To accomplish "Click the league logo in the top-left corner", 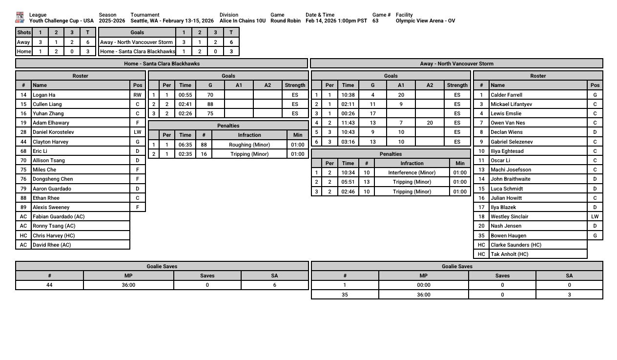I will pyautogui.click(x=20, y=18).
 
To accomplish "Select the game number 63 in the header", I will pyautogui.click(x=375, y=21).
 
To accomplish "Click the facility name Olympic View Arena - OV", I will pyautogui.click(x=425, y=21).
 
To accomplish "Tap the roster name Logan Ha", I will pyautogui.click(x=44, y=95).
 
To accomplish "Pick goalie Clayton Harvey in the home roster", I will pyautogui.click(x=50, y=142).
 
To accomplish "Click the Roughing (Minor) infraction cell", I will pyautogui.click(x=249, y=145).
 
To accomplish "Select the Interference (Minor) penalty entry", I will pyautogui.click(x=411, y=172).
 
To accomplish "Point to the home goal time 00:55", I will pyautogui.click(x=185, y=95).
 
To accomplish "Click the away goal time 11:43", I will pyautogui.click(x=348, y=123).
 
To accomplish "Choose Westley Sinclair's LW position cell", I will pyautogui.click(x=595, y=216).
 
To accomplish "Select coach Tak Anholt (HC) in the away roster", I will pyautogui.click(x=509, y=254).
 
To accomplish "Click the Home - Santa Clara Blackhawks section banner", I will pyautogui.click(x=162, y=64).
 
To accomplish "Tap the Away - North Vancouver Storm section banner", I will pyautogui.click(x=456, y=64).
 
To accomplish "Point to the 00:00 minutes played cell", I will pyautogui.click(x=423, y=285).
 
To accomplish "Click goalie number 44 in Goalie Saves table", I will pyautogui.click(x=49, y=285).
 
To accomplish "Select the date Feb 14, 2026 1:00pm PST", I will pyautogui.click(x=336, y=21).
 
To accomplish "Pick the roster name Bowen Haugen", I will pyautogui.click(x=508, y=235).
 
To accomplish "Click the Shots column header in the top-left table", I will pyautogui.click(x=23, y=32).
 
